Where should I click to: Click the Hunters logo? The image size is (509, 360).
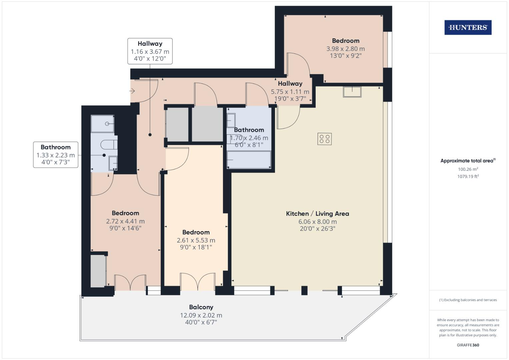pos(468,28)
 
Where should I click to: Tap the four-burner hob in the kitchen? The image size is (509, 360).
pos(325,139)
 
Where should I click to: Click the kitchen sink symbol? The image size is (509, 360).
pos(352,92)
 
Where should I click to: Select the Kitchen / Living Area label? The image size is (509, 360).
pos(317,214)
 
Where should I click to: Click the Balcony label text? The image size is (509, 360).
pos(201,307)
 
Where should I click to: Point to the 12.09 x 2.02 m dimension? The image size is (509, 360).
pos(201,315)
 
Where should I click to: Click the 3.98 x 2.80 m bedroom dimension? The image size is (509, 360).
pos(345,49)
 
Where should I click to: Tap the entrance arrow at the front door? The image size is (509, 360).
pos(132,91)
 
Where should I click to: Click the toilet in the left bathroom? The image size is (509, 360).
pos(109,145)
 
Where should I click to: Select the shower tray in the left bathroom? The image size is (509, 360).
pos(103,124)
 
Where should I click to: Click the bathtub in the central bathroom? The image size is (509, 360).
pos(249,160)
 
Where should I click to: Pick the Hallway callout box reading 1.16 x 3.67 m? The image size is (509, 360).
pos(150,51)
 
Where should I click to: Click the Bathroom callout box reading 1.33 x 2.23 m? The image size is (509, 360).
pos(56,155)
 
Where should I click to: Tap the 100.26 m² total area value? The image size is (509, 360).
pos(468,169)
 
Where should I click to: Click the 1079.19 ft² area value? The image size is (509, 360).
pos(468,176)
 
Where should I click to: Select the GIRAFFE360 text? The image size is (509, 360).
pos(468,345)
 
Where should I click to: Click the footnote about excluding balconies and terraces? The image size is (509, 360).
pos(468,300)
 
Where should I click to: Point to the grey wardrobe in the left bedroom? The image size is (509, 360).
pos(98,271)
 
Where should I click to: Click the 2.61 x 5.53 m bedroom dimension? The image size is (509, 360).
pos(196,240)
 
